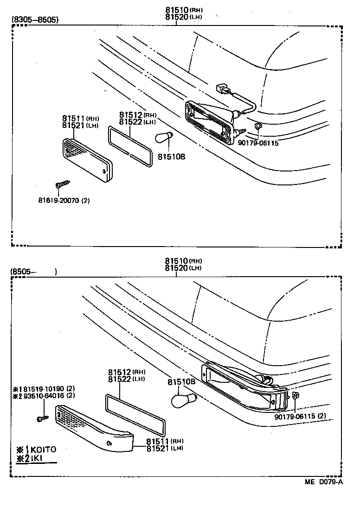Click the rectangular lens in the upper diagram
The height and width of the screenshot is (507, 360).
[x=87, y=158]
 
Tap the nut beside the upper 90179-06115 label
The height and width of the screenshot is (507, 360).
[x=258, y=126]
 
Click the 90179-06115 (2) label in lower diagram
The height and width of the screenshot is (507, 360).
[x=300, y=416]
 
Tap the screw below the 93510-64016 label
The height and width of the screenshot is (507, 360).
[x=41, y=419]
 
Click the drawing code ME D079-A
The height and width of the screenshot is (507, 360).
[x=323, y=482]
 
